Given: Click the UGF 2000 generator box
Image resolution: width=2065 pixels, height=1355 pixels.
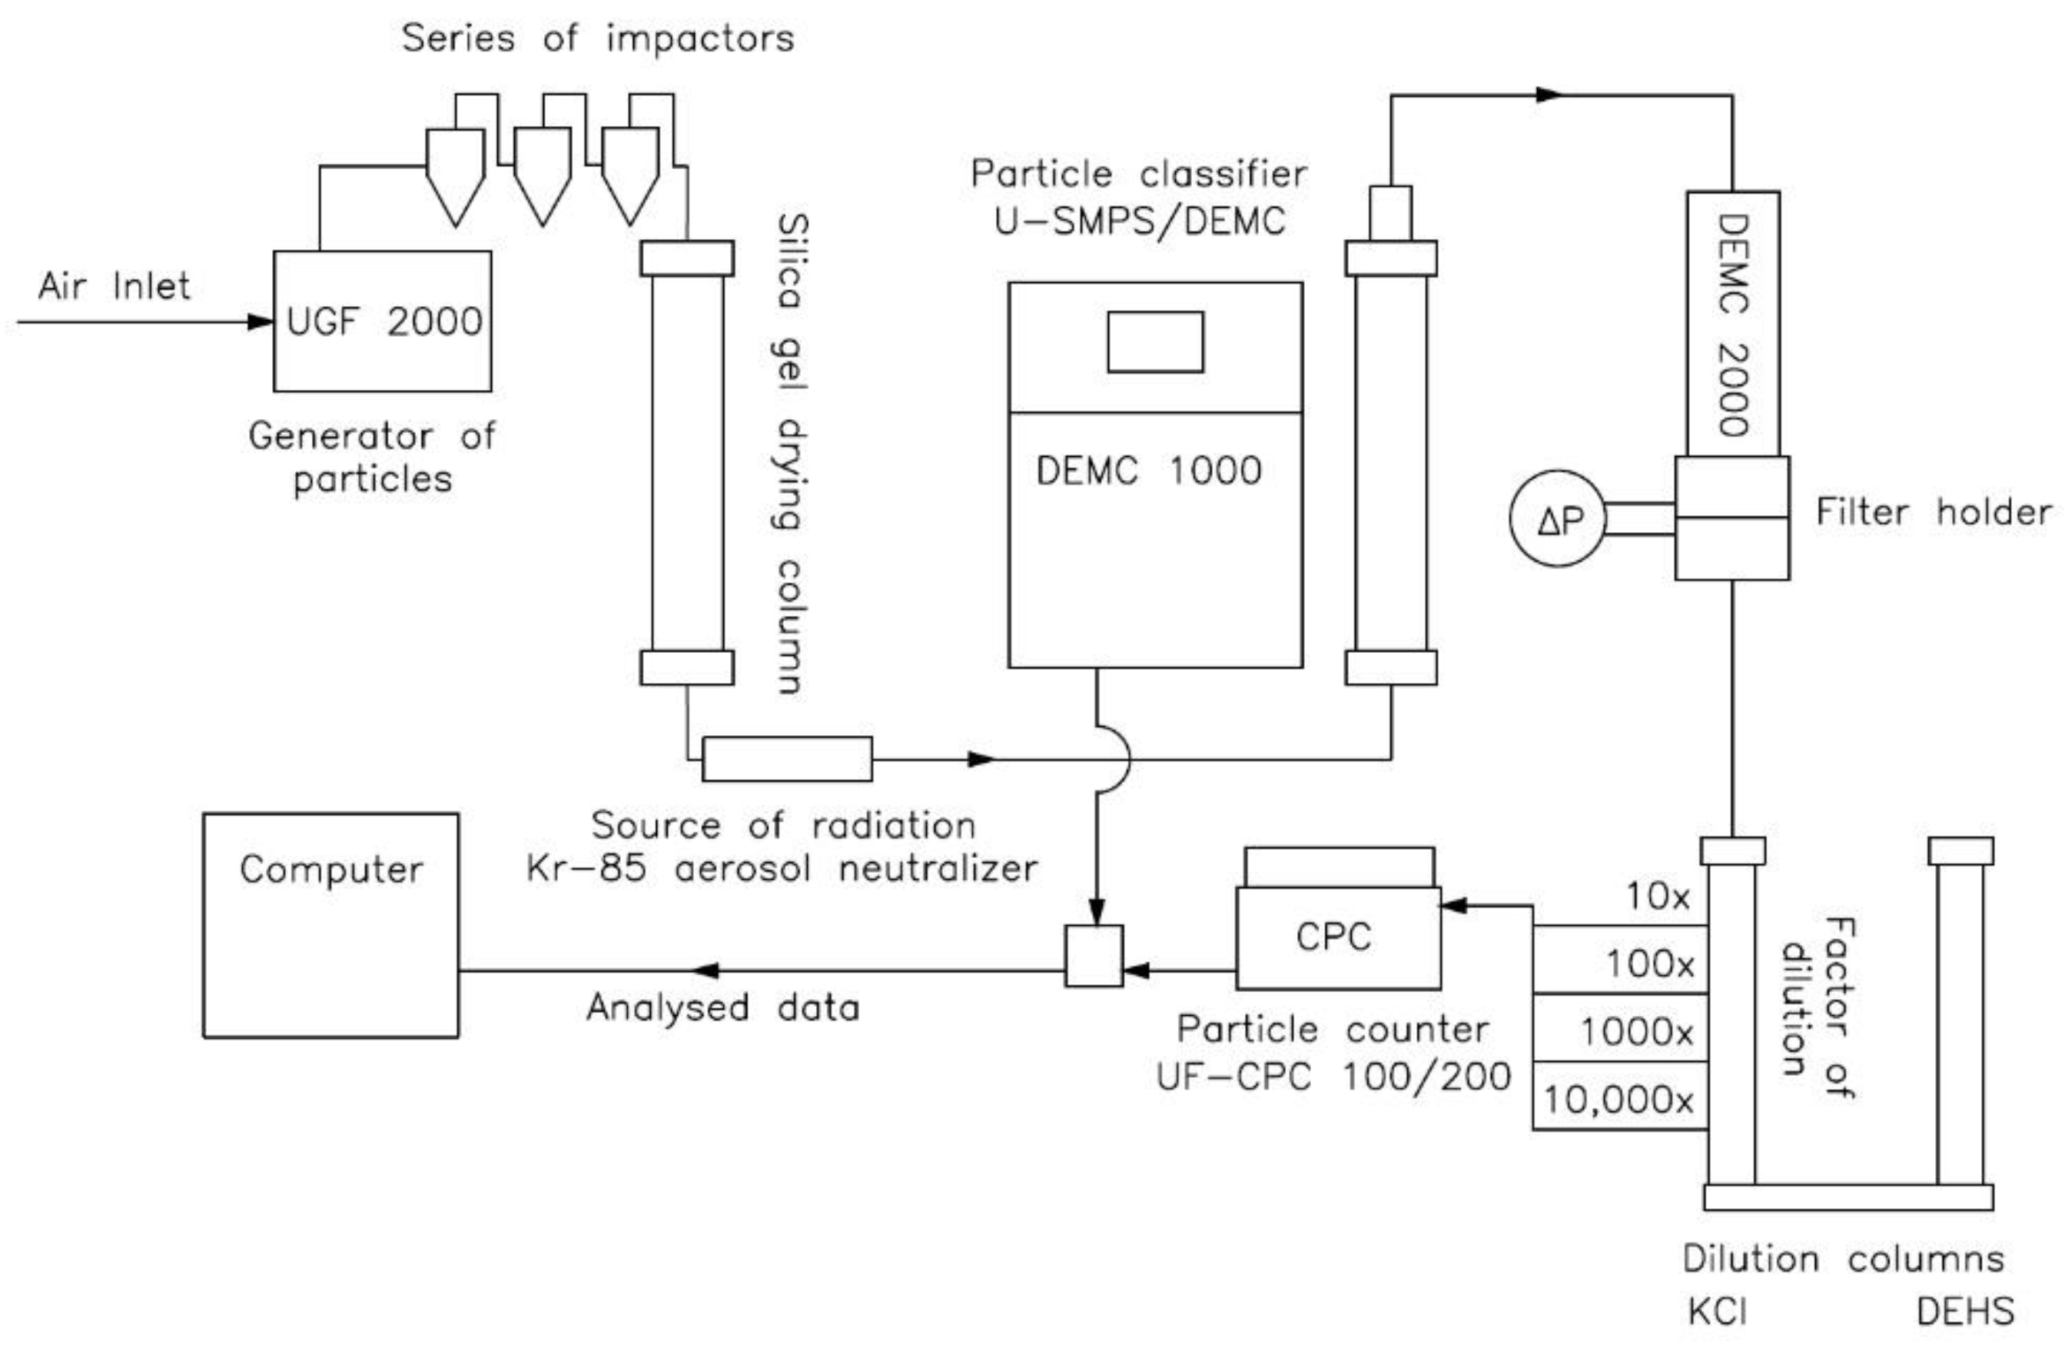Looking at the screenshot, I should (x=382, y=321).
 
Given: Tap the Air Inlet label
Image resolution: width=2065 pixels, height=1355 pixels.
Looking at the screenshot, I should (x=114, y=285).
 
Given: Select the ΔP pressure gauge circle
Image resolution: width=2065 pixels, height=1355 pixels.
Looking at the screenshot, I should (x=1559, y=519).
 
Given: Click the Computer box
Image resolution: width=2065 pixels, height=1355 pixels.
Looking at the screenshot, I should (x=330, y=924).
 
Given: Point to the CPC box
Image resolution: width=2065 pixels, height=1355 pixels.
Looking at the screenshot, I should (x=1337, y=937).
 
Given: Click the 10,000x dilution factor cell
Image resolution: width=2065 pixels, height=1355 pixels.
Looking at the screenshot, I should (x=1619, y=1100).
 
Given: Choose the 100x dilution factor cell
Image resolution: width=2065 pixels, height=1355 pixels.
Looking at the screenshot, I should (x=1619, y=963).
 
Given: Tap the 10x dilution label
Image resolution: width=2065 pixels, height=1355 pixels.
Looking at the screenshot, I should (x=1657, y=896).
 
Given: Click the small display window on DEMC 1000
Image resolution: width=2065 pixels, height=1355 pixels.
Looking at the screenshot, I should (x=1155, y=342).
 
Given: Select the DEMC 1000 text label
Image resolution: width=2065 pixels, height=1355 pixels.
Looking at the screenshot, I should (x=1148, y=471).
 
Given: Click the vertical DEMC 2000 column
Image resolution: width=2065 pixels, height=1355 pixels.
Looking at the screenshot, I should (x=1733, y=324).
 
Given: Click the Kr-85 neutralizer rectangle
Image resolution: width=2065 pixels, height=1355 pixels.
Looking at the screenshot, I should (x=787, y=759).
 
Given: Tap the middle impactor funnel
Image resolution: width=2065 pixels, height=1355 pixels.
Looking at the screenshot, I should (x=543, y=174).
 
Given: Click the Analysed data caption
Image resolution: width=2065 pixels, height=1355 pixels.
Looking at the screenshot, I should (x=722, y=1007).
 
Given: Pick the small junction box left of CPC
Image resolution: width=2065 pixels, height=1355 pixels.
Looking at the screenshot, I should (x=1094, y=956).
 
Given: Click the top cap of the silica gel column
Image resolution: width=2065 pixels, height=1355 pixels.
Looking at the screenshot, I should (x=686, y=258).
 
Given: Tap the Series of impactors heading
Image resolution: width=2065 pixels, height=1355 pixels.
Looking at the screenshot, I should (x=598, y=39).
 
